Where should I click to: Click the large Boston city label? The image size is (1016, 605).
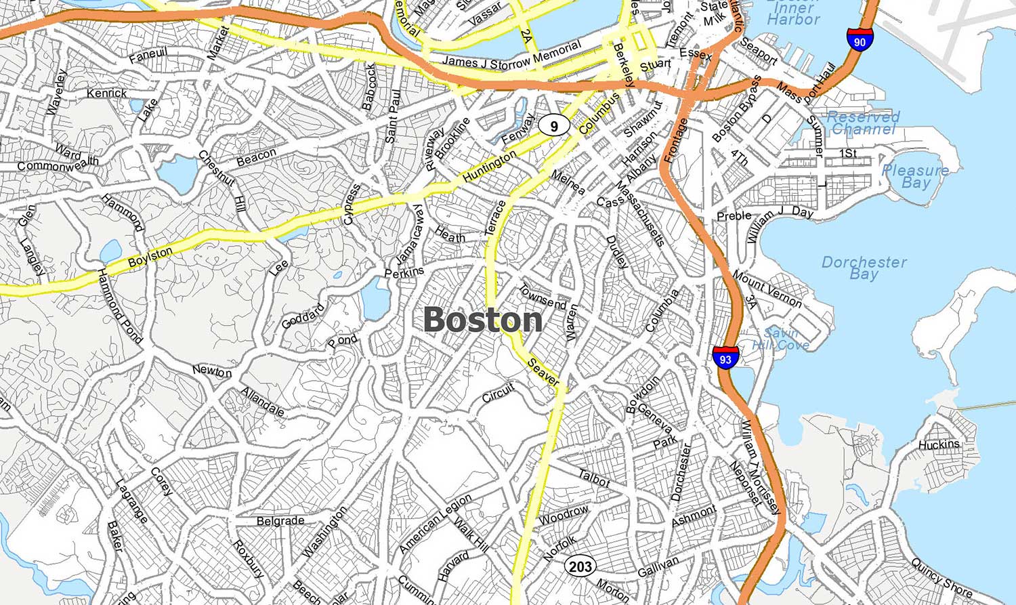[x=483, y=320]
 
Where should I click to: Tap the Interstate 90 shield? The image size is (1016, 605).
[x=860, y=41]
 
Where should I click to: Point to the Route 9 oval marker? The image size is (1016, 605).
[x=554, y=125]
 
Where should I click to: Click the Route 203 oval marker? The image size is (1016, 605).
[x=580, y=566]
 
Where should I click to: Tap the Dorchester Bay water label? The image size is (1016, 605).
[x=864, y=268]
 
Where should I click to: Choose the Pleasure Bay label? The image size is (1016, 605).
[x=915, y=176]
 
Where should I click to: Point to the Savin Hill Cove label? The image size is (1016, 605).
[x=781, y=339]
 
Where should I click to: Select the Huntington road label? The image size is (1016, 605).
[x=489, y=166]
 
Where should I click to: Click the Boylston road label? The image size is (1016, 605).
[x=150, y=257]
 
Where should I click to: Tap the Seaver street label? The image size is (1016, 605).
[x=543, y=372]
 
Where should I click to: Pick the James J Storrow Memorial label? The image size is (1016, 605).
[x=511, y=55]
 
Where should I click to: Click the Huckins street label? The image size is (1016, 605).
[x=939, y=444]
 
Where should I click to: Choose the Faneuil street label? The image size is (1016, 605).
[x=148, y=55]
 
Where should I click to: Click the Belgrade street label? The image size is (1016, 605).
[x=280, y=521]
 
